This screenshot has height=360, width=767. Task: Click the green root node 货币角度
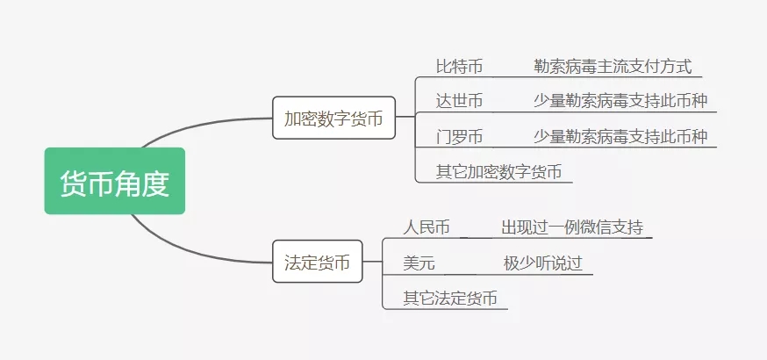(115, 181)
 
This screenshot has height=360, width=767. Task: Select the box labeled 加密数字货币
(333, 118)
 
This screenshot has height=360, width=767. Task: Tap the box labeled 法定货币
(318, 261)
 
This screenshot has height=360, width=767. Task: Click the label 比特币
(459, 67)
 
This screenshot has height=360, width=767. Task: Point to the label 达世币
(459, 101)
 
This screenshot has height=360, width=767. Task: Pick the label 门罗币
(459, 136)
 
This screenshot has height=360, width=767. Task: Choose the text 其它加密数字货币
(499, 172)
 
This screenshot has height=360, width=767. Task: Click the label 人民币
(427, 227)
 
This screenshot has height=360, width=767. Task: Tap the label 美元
(419, 263)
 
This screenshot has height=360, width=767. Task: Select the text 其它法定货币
(450, 298)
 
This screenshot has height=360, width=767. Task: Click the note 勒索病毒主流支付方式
(613, 67)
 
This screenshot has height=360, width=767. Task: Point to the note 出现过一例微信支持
(572, 227)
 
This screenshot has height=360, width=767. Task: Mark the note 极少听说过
(543, 263)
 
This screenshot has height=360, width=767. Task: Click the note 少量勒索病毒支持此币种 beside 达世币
(620, 101)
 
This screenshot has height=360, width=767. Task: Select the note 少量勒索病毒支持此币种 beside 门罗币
(620, 136)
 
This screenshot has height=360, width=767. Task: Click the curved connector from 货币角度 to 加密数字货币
(201, 126)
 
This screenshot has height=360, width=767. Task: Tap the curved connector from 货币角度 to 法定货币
(196, 251)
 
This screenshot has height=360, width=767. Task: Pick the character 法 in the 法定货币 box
(292, 263)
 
